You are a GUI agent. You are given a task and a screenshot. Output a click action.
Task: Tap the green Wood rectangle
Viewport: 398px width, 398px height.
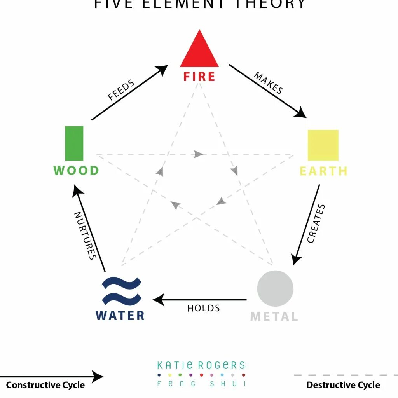pos(74,143)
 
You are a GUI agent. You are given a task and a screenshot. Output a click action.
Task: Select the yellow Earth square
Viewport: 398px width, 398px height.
pos(323,145)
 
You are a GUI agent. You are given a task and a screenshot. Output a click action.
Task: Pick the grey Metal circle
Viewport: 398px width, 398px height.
pos(275,288)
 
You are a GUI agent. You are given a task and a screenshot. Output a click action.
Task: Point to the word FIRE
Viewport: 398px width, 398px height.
pos(199,77)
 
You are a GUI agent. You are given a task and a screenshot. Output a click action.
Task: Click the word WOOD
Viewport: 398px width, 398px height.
pos(76,171)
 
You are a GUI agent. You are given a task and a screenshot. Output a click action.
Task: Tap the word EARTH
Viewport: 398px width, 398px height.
pos(323,171)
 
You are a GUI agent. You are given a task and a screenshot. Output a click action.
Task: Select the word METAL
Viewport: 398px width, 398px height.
pos(274,316)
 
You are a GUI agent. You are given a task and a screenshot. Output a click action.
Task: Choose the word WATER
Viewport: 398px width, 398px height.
pos(120,315)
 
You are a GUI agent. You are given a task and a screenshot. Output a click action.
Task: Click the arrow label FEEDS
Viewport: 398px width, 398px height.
pos(121,90)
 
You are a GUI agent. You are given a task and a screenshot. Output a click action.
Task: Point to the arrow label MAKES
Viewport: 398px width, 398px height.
pos(268,82)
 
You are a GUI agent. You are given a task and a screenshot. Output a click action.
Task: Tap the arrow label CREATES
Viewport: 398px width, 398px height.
pos(316,223)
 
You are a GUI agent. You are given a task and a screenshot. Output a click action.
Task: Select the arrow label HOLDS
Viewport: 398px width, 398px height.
pos(203,308)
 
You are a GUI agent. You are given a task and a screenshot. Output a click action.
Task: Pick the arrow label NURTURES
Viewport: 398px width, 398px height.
pos(85,235)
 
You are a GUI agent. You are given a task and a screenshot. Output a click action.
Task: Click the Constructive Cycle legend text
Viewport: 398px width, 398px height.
pos(45,385)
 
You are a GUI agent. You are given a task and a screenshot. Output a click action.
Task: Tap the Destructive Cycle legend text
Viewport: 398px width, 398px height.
pos(343,385)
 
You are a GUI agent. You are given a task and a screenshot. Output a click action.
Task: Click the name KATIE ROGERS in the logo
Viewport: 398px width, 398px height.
pos(201,365)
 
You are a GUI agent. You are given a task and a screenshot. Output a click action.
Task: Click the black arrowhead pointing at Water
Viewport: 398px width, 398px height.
pos(158,300)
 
